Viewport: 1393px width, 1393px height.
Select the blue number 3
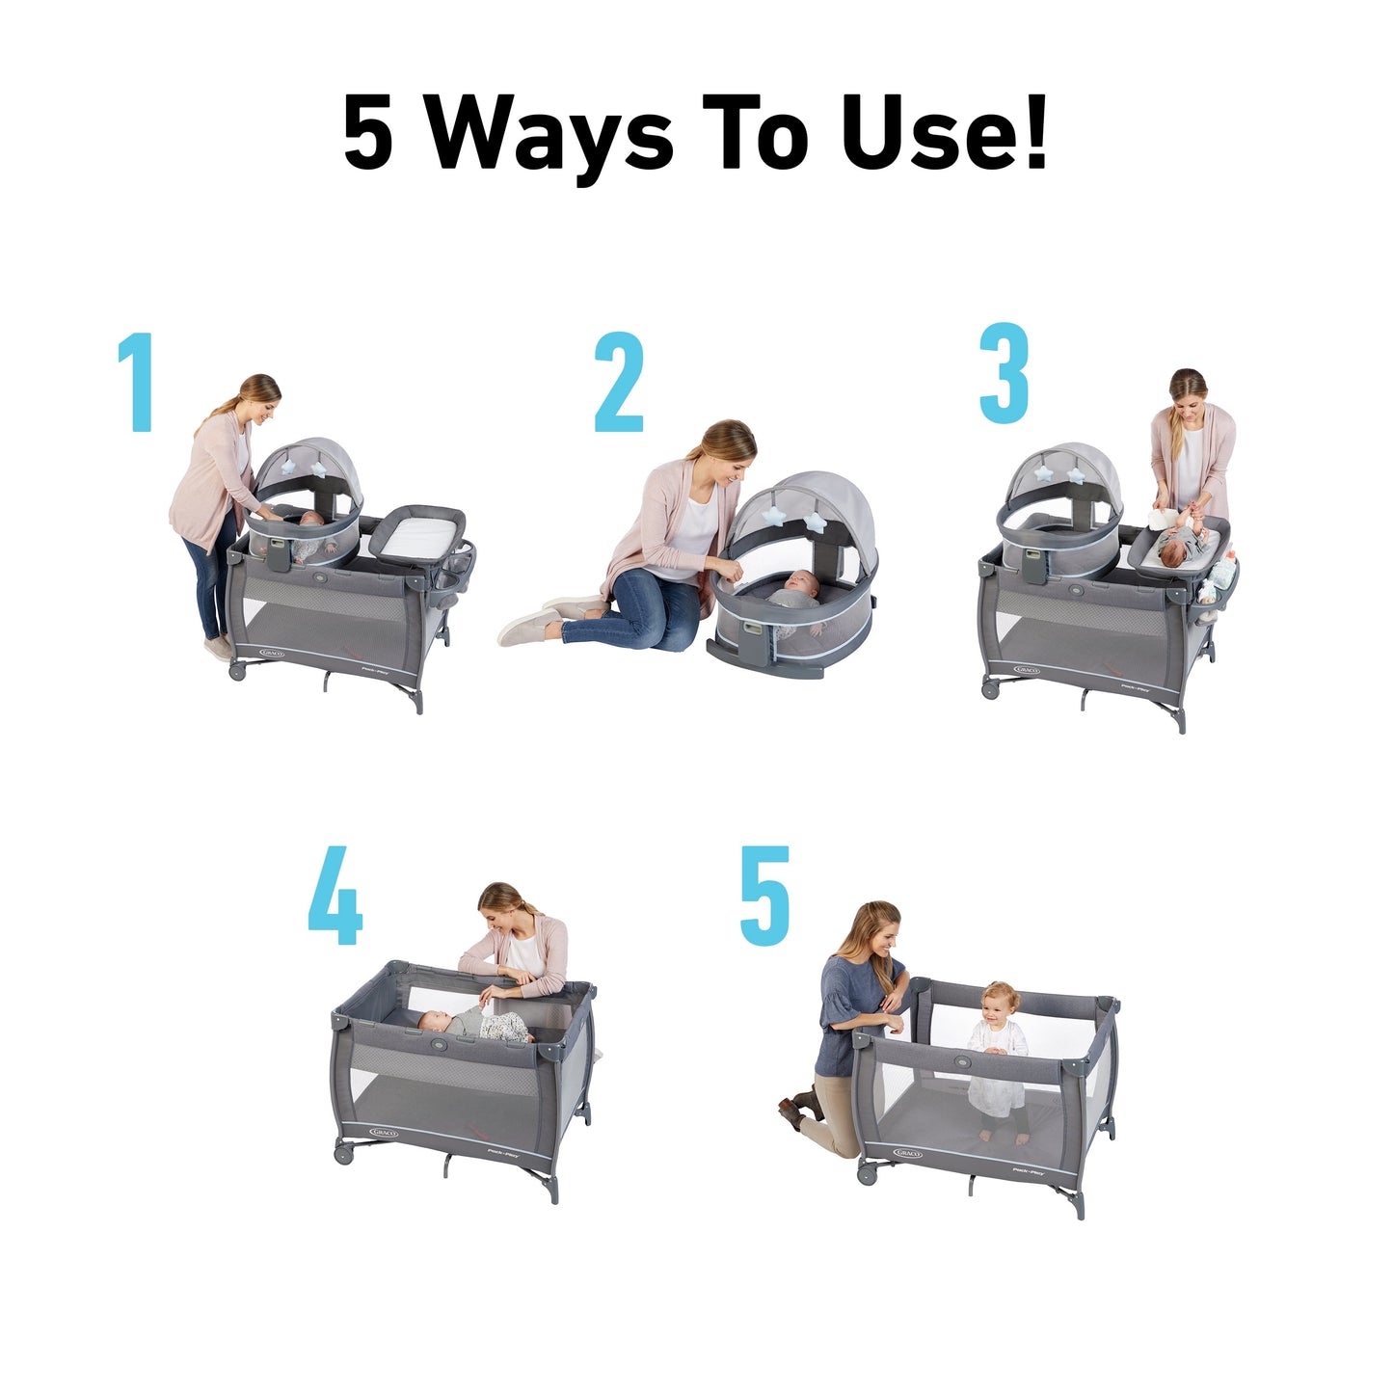pos(1005,374)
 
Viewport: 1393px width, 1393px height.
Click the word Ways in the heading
pos(549,134)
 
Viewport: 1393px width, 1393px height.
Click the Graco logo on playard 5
pos(908,1153)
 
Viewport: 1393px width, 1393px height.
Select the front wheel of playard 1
pos(236,670)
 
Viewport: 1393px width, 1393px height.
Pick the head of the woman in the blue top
pos(872,926)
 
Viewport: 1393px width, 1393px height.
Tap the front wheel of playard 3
pos(990,688)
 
